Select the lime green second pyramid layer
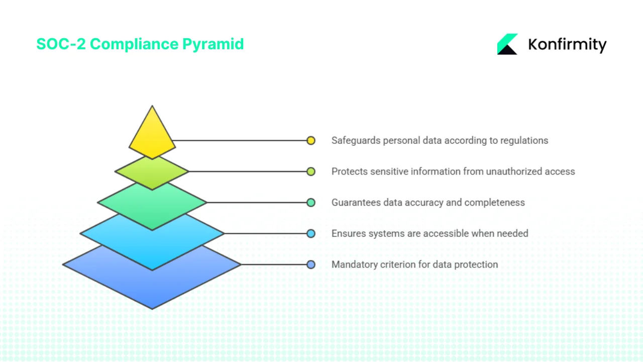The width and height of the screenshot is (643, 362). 152,173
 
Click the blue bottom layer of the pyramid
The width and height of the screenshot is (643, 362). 152,284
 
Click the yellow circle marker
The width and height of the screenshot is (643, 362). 311,141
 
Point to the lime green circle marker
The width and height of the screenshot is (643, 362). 311,171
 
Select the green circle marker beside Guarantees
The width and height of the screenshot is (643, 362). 311,203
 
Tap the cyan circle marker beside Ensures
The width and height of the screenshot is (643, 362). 311,233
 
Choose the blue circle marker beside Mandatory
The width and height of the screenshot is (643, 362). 311,264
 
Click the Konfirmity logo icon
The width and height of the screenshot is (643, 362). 507,44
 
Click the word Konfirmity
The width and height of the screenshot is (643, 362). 567,45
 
